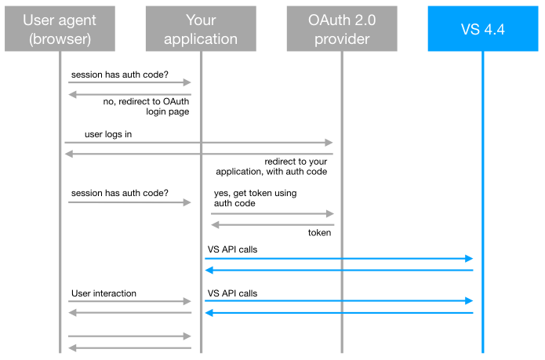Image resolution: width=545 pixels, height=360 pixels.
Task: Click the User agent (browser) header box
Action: coord(60,29)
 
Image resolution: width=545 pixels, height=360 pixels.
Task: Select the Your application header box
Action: coord(201,29)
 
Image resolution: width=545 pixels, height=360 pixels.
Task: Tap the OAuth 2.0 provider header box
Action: coord(342,29)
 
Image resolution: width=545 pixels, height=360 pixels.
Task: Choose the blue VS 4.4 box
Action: coord(482,29)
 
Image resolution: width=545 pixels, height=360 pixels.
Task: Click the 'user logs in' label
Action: coord(108,134)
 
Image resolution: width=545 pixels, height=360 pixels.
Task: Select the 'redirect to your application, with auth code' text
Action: coord(270,166)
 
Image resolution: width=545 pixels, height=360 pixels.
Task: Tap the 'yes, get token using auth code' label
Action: coord(255,198)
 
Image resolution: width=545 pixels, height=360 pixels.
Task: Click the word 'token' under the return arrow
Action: coord(319,233)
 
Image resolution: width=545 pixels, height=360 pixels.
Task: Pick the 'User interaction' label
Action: coord(104,293)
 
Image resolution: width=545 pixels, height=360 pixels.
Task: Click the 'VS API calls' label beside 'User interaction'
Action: coord(232,293)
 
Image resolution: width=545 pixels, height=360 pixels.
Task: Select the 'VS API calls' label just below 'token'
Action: coord(232,249)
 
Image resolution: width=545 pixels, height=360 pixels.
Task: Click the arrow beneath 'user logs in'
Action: coord(200,143)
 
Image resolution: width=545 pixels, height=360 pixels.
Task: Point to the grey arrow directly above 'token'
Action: coord(272,225)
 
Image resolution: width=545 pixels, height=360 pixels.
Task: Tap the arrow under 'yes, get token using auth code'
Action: coord(272,213)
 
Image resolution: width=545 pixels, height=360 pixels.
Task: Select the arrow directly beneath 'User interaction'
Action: coord(130,301)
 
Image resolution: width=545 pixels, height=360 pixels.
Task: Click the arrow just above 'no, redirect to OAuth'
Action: coord(130,94)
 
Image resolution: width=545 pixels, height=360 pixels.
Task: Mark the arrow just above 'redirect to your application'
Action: coord(200,154)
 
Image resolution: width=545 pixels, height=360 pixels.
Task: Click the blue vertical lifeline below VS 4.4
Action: coord(482,196)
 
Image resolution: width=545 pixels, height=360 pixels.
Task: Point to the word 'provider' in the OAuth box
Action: coord(342,39)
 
